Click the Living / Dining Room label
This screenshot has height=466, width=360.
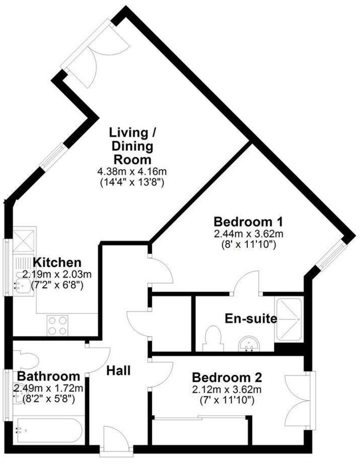coord(132,146)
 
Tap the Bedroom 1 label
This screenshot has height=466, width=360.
coord(248,221)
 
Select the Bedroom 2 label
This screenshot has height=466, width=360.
coord(227,378)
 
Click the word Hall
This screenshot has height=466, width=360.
coord(119,370)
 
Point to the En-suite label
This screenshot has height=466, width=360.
coord(251,318)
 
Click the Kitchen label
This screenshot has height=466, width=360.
coord(57,262)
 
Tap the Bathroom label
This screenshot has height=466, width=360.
coord(49,377)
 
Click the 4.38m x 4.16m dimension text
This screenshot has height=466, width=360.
coord(132,171)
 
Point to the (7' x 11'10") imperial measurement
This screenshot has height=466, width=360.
coord(227,400)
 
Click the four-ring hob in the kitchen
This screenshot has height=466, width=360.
coord(57,326)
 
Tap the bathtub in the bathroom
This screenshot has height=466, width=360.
coord(48,430)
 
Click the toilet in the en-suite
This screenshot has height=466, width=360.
coord(213,339)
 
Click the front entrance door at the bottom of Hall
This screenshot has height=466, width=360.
coord(116,439)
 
